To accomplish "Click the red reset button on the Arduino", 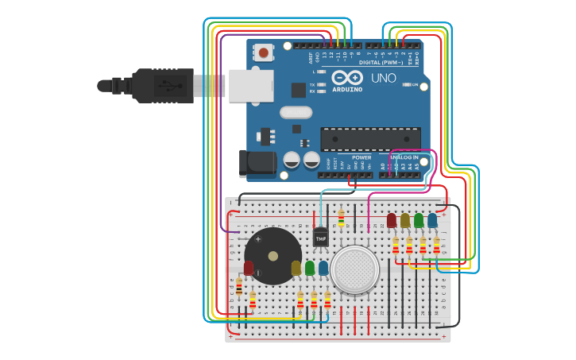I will tap(263, 53).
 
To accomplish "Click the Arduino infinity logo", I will tap(347, 78).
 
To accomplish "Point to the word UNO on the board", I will tap(383, 79).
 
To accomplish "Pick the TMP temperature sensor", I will tap(320, 236).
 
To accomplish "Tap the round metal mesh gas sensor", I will tap(354, 269).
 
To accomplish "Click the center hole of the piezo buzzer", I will tap(273, 256).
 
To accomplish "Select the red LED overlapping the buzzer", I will tap(249, 269).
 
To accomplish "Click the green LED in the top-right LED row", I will tap(419, 220).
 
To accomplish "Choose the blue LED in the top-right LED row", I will tap(432, 220).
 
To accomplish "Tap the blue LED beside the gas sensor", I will tap(323, 269).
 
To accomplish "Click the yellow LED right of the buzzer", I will tap(296, 269).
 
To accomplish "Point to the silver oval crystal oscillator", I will tap(296, 112).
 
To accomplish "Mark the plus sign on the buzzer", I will tap(257, 238).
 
